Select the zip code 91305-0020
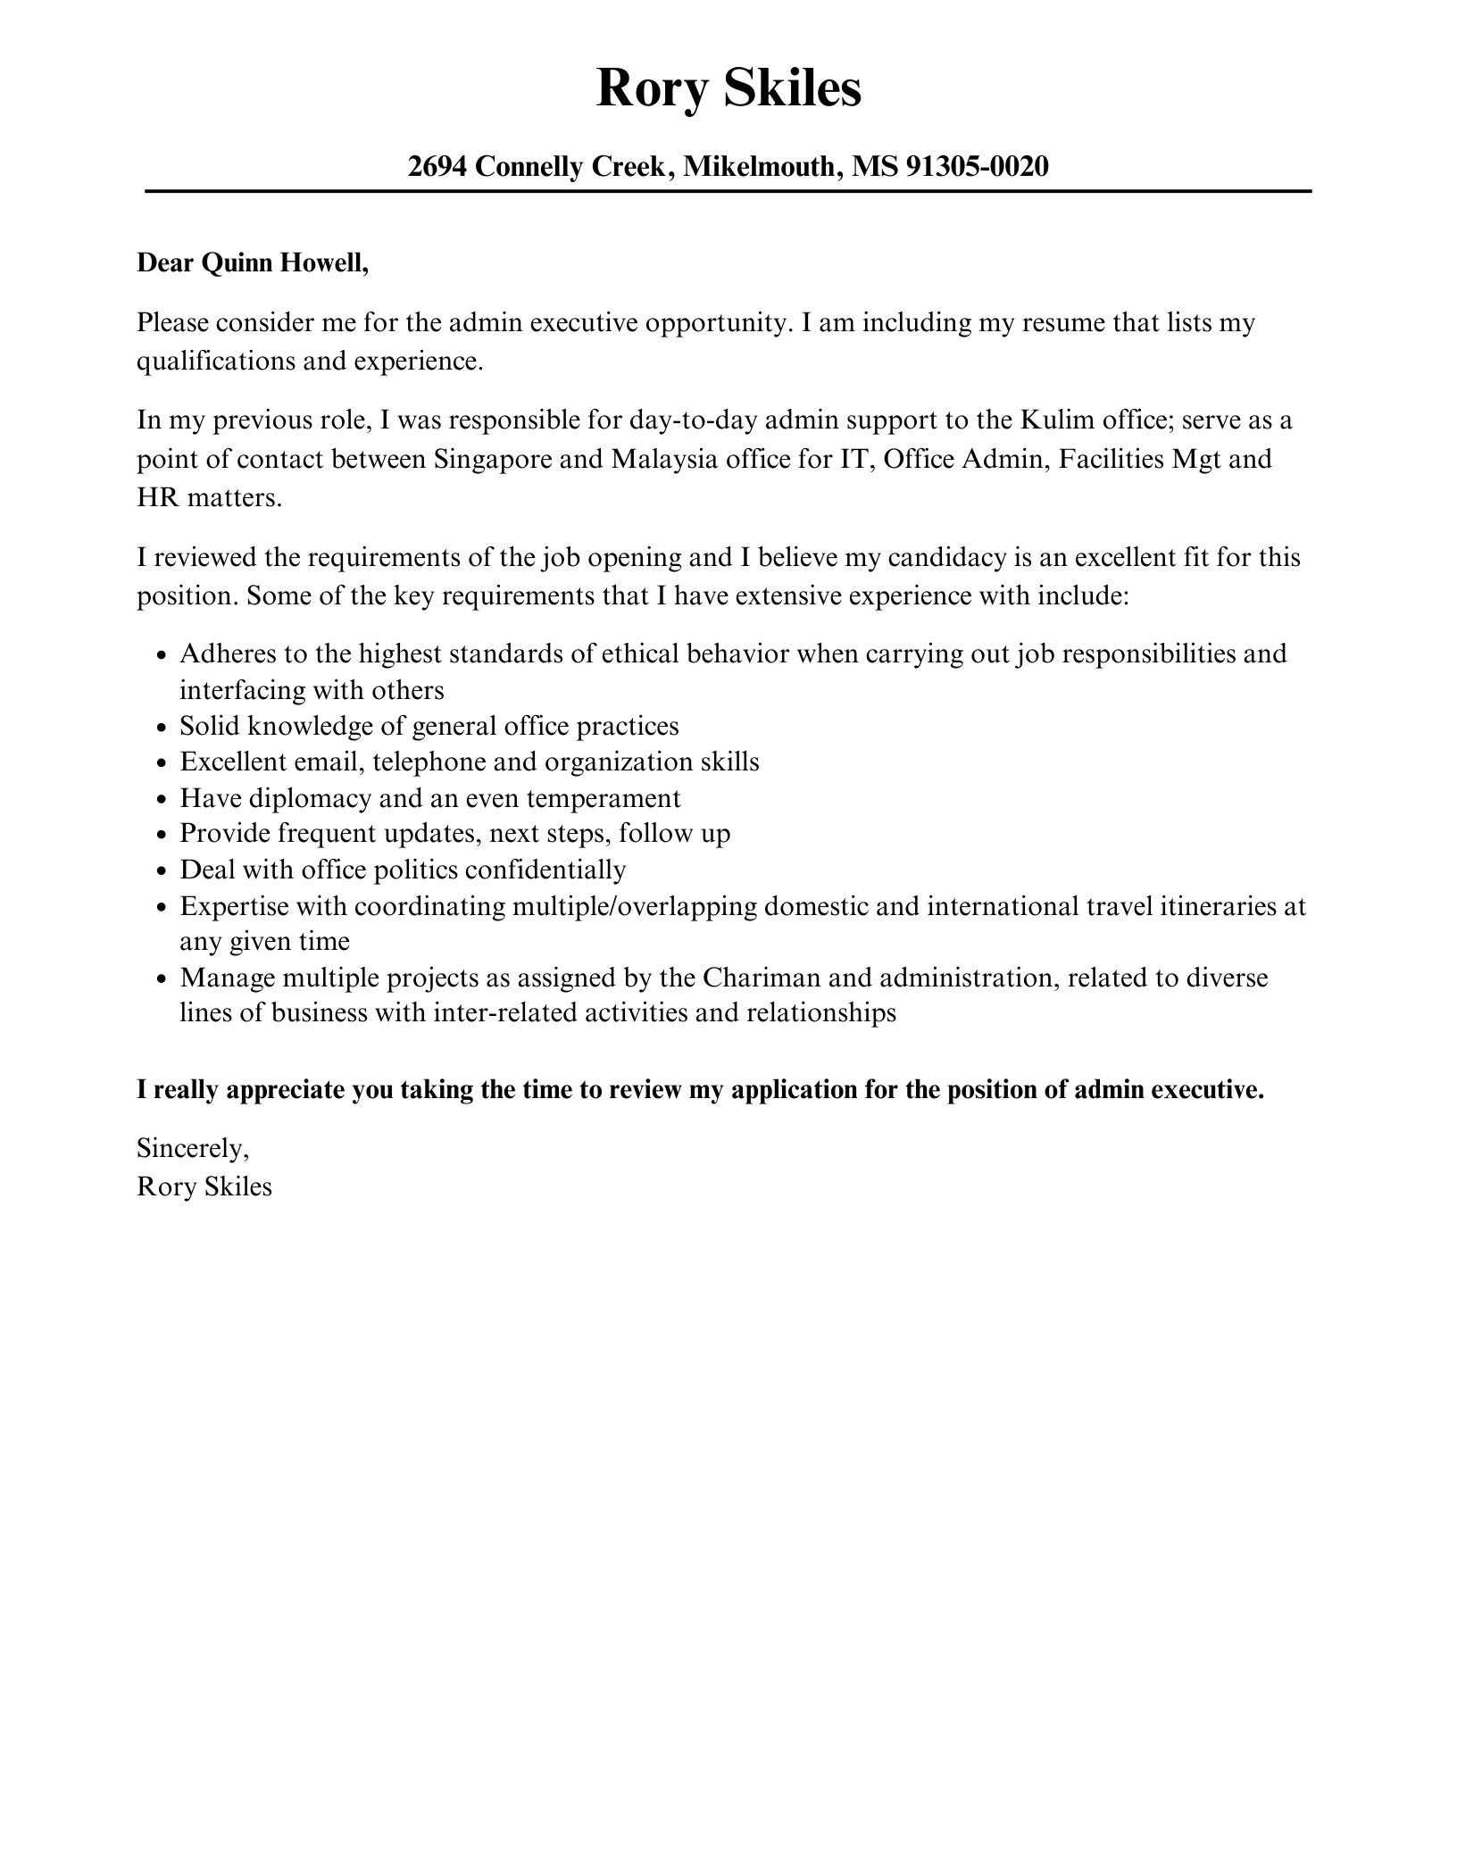coord(977,166)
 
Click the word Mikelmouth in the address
coord(761,166)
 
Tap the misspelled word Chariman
coord(761,978)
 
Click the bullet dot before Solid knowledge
coord(162,728)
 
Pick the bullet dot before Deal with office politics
coord(162,871)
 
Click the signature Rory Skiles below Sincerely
coord(204,1186)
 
